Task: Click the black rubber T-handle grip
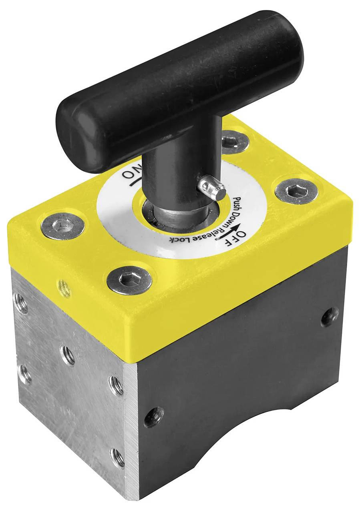pyautogui.click(x=180, y=88)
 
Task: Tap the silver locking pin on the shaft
pyautogui.click(x=212, y=188)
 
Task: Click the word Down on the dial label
pyautogui.click(x=238, y=218)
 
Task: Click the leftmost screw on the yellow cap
pyautogui.click(x=62, y=226)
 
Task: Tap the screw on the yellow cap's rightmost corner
pyautogui.click(x=296, y=191)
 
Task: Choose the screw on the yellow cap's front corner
pyautogui.click(x=129, y=280)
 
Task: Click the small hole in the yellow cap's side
pyautogui.click(x=63, y=287)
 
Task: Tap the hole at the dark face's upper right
pyautogui.click(x=329, y=317)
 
